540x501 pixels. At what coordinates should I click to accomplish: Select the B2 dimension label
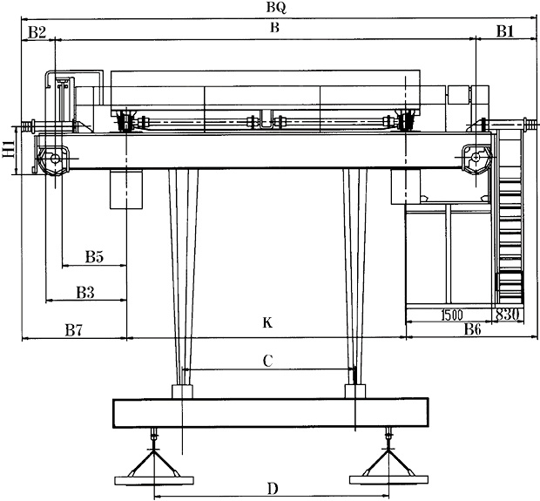click(x=36, y=32)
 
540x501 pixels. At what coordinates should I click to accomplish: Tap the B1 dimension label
click(x=506, y=32)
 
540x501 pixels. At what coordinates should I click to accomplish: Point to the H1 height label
click(x=8, y=152)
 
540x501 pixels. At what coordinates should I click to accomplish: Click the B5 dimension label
click(x=95, y=257)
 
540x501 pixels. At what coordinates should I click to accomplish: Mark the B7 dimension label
click(x=74, y=330)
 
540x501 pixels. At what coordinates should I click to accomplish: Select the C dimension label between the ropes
click(x=269, y=359)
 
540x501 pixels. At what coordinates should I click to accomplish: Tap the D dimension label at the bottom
click(x=273, y=488)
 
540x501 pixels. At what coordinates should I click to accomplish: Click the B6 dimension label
click(x=472, y=329)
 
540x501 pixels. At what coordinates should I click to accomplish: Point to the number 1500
click(x=451, y=315)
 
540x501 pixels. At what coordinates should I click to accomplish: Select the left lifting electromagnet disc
click(x=153, y=477)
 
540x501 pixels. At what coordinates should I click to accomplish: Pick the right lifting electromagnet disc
click(x=387, y=477)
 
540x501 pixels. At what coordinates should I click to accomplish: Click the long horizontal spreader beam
click(x=270, y=413)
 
